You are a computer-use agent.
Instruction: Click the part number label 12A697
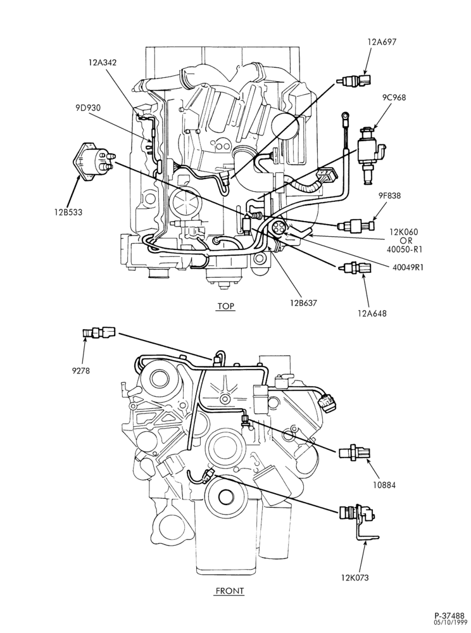pyautogui.click(x=381, y=42)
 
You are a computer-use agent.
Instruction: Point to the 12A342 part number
pyautogui.click(x=103, y=62)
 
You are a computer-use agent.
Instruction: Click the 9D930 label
pyautogui.click(x=87, y=108)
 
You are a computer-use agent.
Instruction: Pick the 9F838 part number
pyautogui.click(x=390, y=197)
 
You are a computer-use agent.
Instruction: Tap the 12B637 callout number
pyautogui.click(x=303, y=302)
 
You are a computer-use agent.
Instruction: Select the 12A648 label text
pyautogui.click(x=372, y=313)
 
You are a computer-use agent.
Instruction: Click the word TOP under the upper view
pyautogui.click(x=225, y=306)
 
